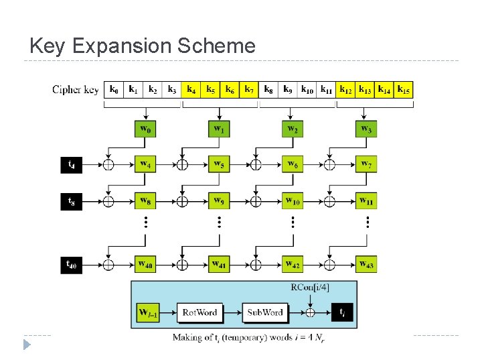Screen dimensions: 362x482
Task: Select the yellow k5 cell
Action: pos(210,89)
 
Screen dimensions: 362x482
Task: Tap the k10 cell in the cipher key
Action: pos(307,89)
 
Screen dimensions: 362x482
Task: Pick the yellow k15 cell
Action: pos(404,89)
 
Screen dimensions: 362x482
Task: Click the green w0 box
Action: pos(146,128)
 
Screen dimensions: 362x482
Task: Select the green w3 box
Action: pos(366,128)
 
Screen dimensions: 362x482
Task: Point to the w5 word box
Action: pos(219,164)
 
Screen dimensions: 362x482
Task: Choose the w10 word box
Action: pos(293,200)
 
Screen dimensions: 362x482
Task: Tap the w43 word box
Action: pos(366,264)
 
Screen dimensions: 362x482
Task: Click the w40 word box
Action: pos(146,264)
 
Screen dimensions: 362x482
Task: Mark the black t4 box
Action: pos(72,164)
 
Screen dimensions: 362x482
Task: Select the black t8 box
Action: pos(72,200)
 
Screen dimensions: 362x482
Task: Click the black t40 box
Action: pos(72,264)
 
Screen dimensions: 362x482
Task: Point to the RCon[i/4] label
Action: pos(310,288)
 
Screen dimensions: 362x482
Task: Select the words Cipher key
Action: pos(76,90)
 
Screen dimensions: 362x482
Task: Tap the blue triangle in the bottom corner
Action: pos(27,345)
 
